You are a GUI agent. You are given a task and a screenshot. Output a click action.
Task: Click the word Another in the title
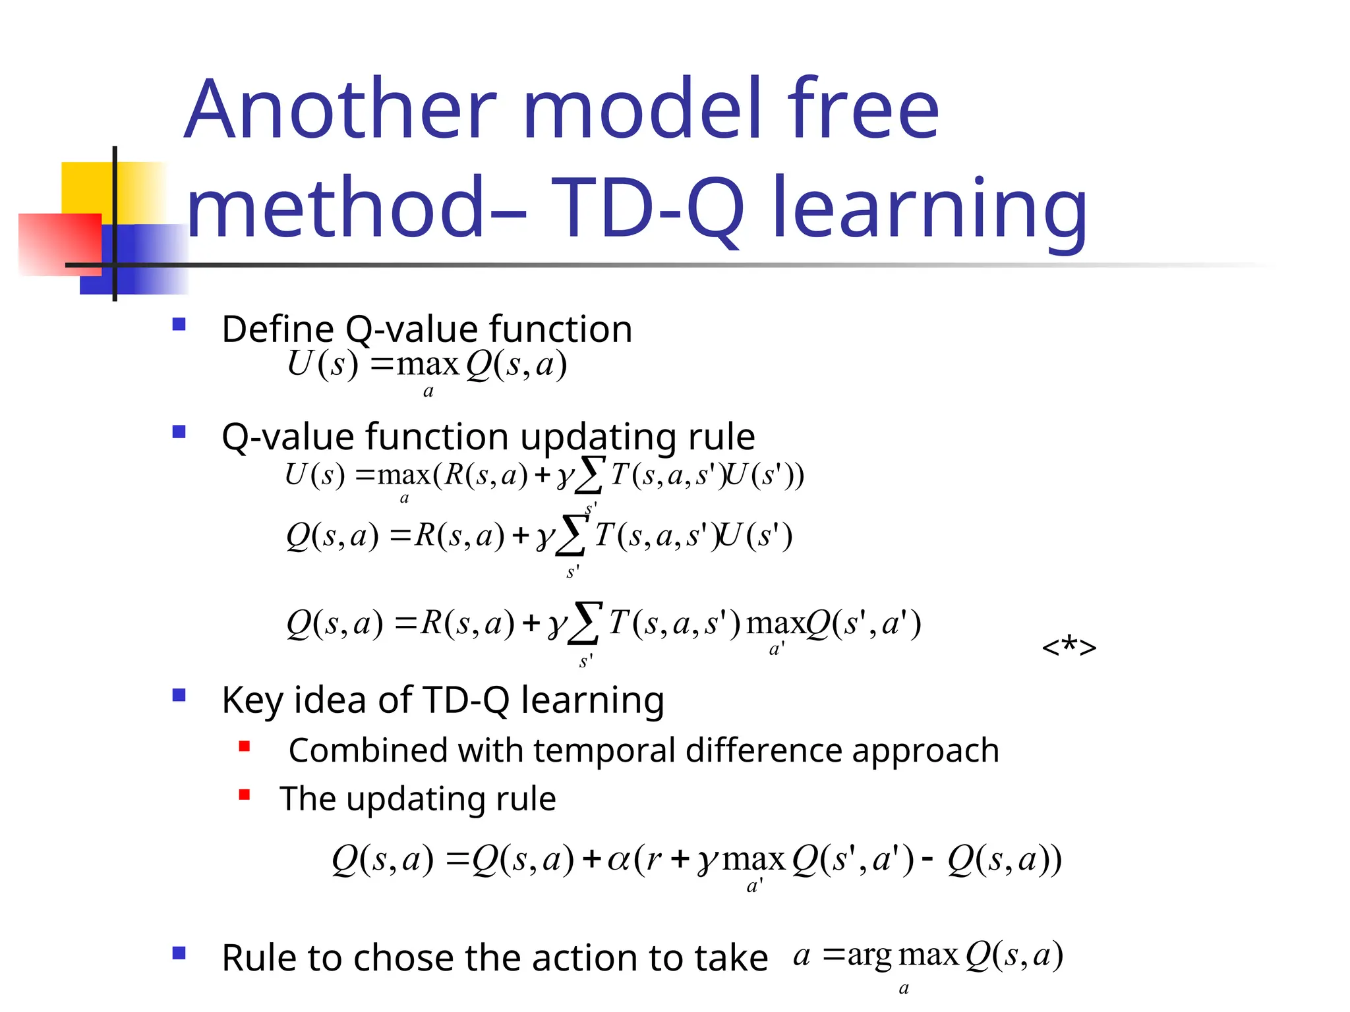pyautogui.click(x=340, y=110)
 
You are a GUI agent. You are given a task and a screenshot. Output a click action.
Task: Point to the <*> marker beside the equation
pyautogui.click(x=1069, y=647)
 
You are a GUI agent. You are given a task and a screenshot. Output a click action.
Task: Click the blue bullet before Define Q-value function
pyautogui.click(x=179, y=324)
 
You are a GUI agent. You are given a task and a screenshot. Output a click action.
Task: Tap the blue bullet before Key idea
pyautogui.click(x=179, y=695)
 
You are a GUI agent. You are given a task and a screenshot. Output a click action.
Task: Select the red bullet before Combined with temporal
pyautogui.click(x=245, y=746)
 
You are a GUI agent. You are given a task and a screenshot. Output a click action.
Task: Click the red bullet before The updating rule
pyautogui.click(x=245, y=795)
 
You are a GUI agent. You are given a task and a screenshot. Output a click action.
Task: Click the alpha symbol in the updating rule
pyautogui.click(x=618, y=860)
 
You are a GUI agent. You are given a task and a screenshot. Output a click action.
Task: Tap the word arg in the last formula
pyautogui.click(x=869, y=956)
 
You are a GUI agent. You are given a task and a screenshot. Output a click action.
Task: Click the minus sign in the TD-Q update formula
pyautogui.click(x=927, y=859)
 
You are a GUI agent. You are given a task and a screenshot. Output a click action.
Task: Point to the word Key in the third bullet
pyautogui.click(x=252, y=701)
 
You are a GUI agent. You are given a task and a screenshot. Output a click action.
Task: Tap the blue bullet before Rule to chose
pyautogui.click(x=179, y=953)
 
